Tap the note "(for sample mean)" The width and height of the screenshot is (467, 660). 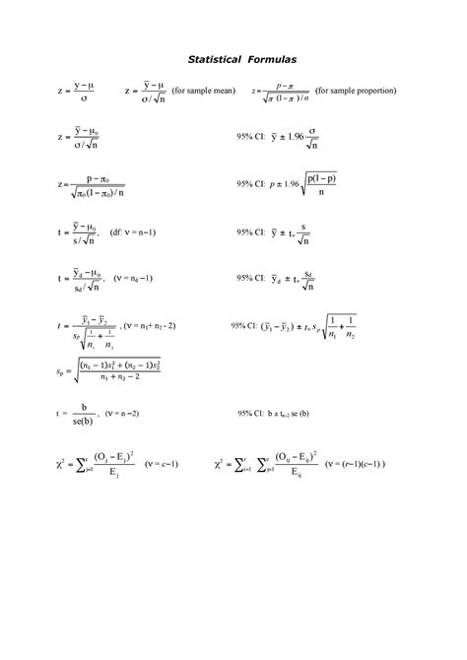[x=203, y=91]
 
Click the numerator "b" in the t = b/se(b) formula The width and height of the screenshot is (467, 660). [x=86, y=408]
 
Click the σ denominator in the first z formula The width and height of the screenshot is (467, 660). [x=86, y=99]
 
